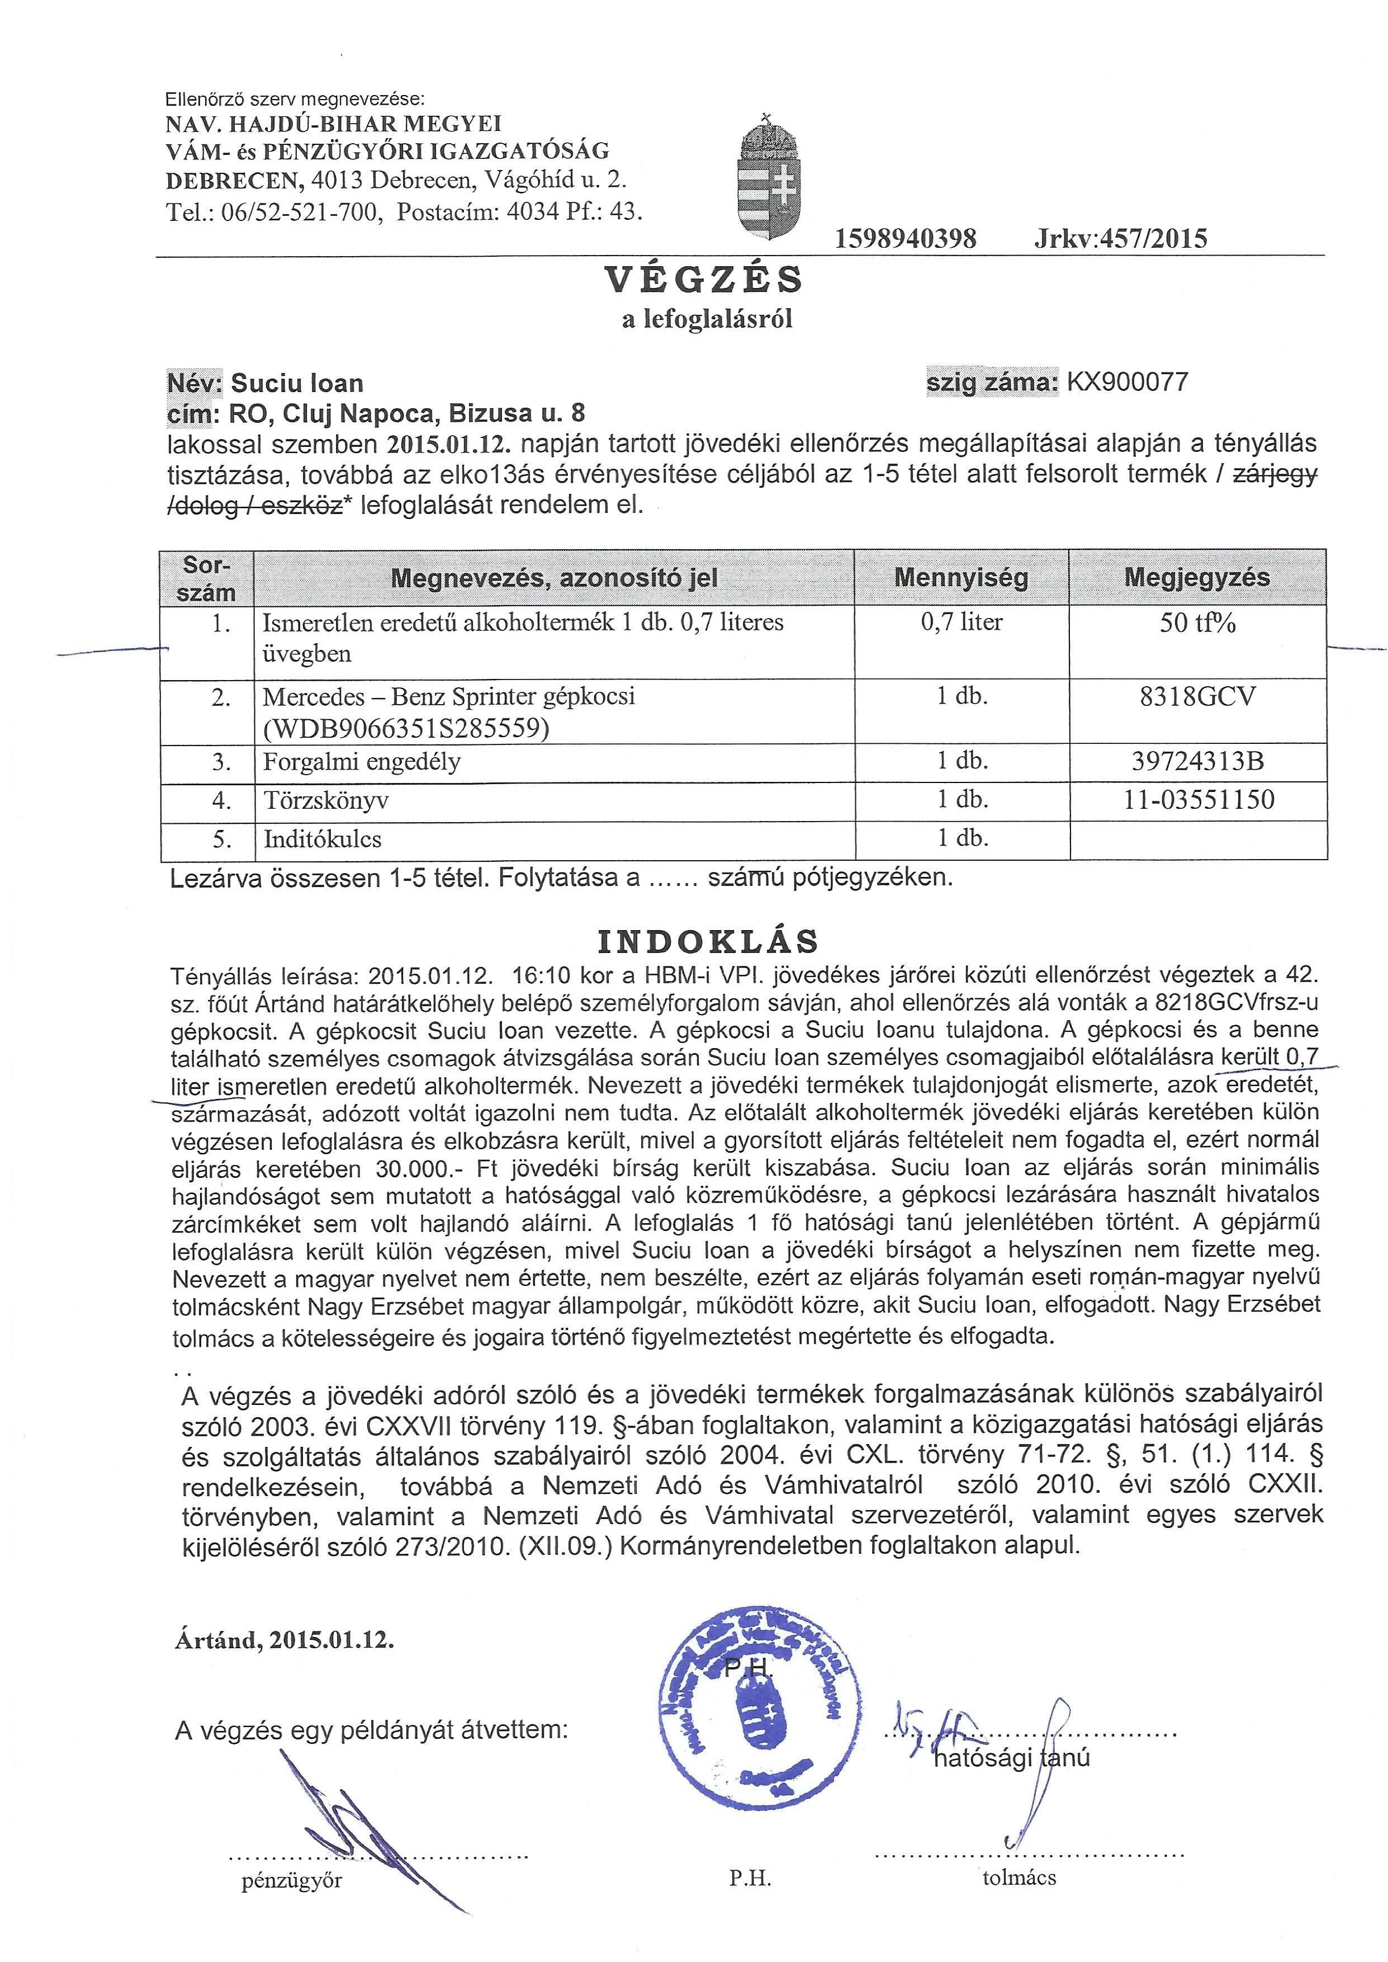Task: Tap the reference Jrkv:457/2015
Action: click(1120, 238)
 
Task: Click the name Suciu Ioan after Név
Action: click(297, 383)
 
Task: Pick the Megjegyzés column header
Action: click(1197, 578)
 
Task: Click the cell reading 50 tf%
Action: click(1197, 623)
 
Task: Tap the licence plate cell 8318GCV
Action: click(1197, 697)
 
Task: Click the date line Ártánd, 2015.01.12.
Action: click(285, 1640)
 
